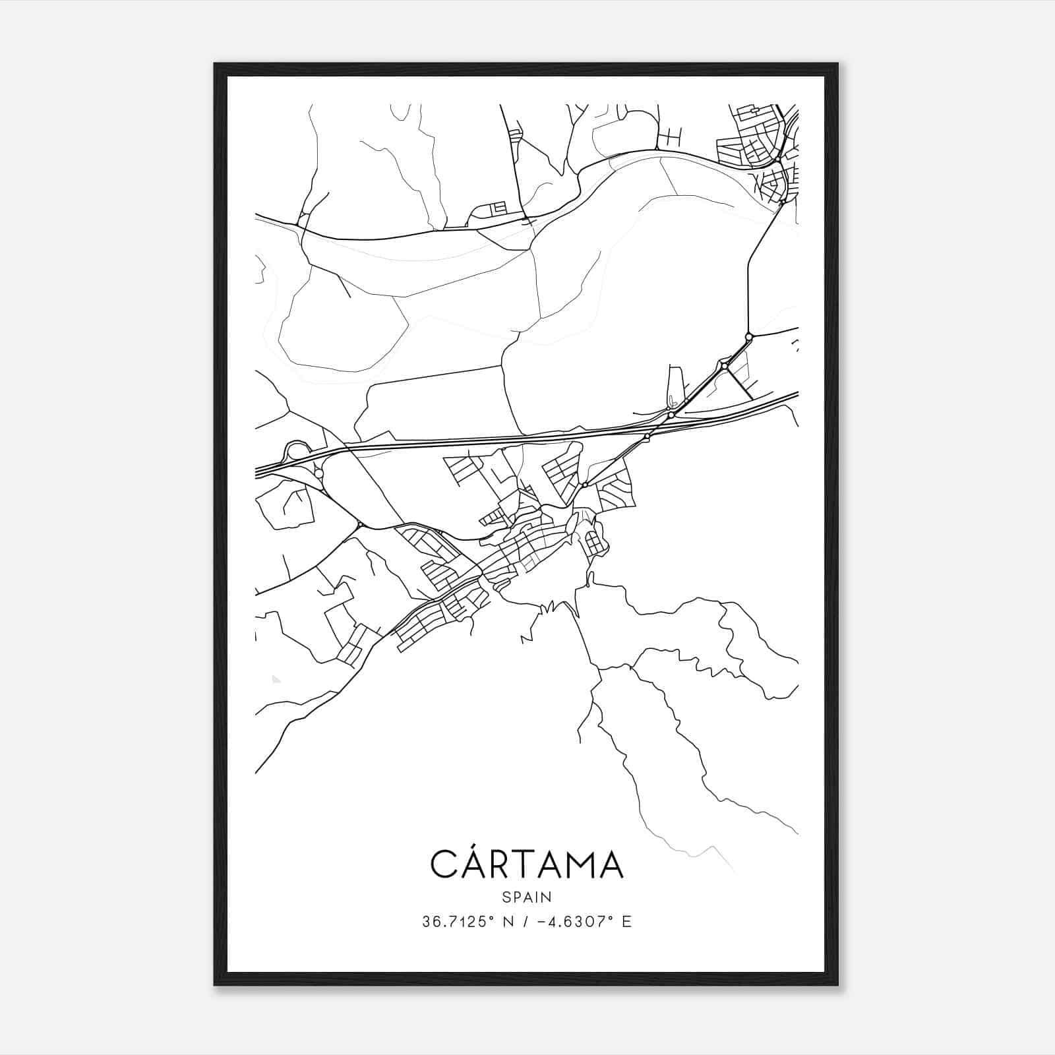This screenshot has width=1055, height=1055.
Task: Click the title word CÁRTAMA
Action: (x=527, y=864)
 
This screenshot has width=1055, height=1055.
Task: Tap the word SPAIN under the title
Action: (x=527, y=897)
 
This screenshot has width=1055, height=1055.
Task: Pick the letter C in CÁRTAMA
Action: (x=444, y=864)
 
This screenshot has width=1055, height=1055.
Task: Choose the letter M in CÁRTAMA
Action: (x=572, y=864)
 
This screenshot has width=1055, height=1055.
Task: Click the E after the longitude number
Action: (x=626, y=922)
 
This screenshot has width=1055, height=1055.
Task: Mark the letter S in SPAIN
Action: (x=506, y=897)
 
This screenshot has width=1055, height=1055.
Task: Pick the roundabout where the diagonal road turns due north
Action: (x=748, y=337)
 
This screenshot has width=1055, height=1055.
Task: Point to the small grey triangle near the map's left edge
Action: (x=276, y=678)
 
